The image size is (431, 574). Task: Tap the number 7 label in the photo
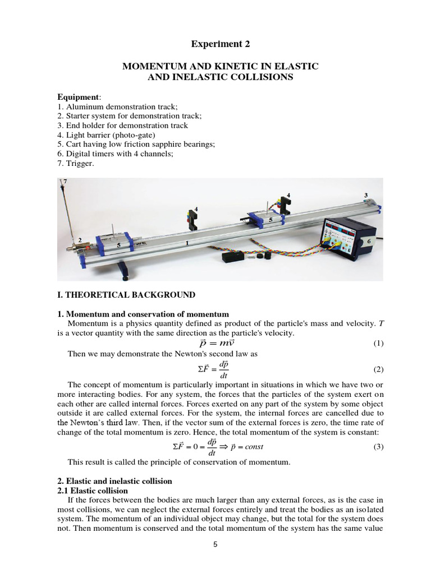(65, 182)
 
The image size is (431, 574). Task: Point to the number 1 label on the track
(187, 244)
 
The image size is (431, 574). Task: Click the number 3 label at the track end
(365, 195)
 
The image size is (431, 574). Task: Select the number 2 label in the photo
(80, 240)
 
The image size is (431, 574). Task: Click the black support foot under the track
(125, 275)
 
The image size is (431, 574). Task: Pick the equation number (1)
(378, 344)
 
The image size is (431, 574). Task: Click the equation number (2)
(378, 370)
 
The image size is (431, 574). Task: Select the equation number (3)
(378, 446)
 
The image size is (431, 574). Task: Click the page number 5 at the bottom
(215, 543)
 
